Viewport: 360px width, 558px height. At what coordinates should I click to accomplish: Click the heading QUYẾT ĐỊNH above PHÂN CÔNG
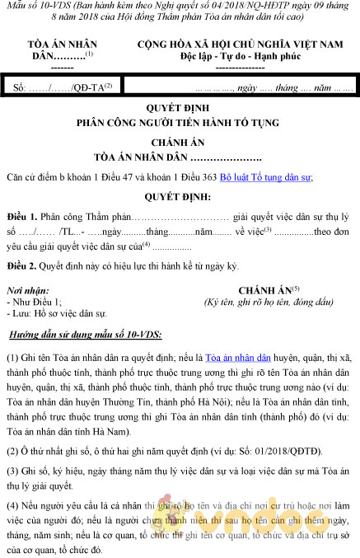[x=179, y=107]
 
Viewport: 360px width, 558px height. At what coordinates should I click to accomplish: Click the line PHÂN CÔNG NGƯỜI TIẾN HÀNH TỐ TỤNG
[x=179, y=121]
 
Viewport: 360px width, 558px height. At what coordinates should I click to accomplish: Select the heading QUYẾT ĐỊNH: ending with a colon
[x=179, y=197]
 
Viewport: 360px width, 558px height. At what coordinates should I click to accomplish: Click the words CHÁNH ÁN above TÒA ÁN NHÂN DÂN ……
[x=179, y=140]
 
